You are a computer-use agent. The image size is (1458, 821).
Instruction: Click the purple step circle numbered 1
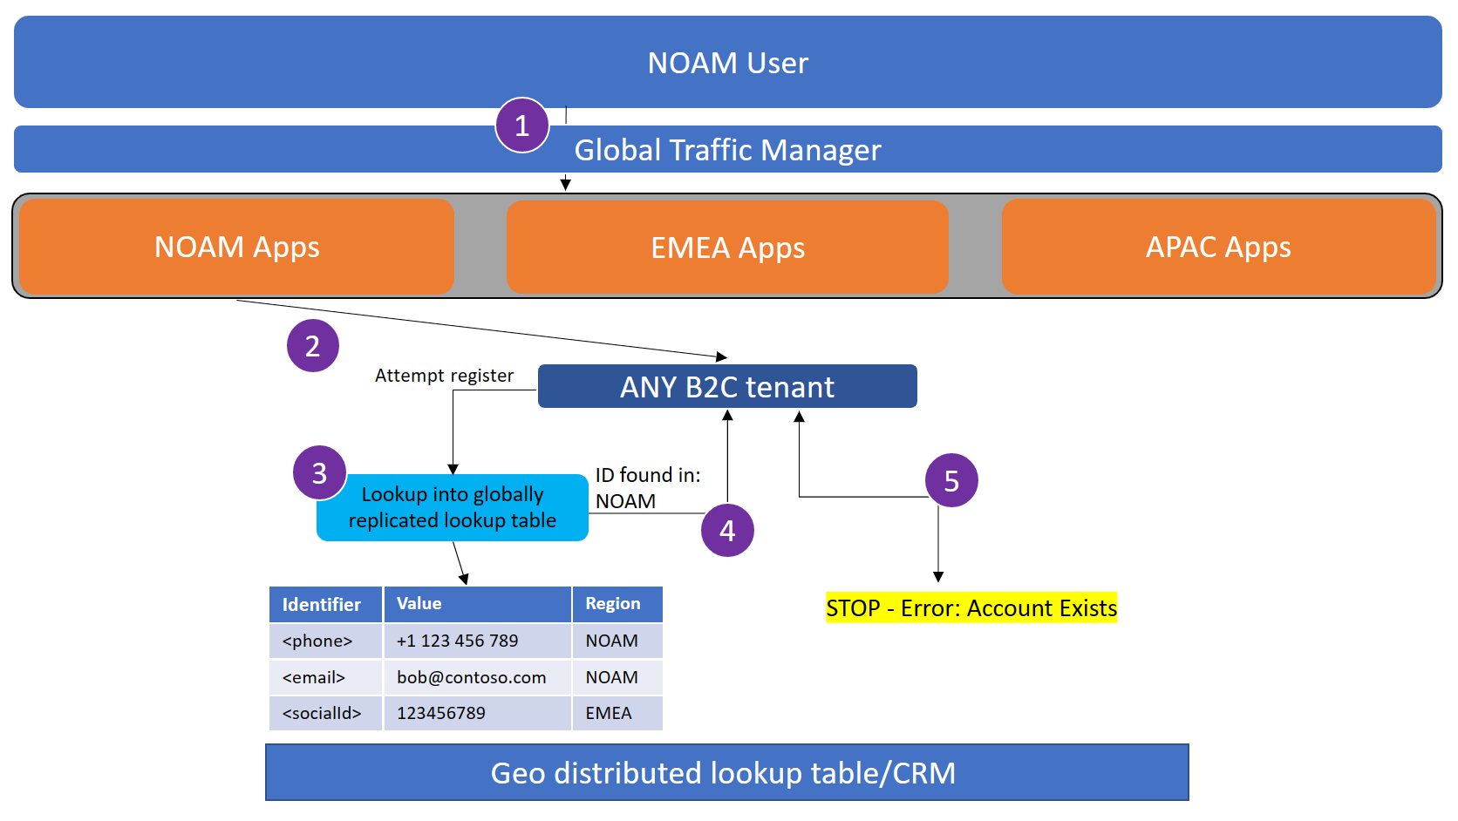point(521,126)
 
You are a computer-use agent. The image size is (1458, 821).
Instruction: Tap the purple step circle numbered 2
point(312,346)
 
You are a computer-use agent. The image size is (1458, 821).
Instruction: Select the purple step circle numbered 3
point(319,472)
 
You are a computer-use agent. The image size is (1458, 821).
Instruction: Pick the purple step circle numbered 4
point(727,530)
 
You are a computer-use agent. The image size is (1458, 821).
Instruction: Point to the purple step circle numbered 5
point(951,480)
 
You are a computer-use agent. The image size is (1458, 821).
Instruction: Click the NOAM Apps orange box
point(236,247)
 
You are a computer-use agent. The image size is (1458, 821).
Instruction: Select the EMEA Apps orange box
point(727,248)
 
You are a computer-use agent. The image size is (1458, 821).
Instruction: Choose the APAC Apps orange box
point(1218,247)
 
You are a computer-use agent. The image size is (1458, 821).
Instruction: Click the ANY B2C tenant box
point(727,386)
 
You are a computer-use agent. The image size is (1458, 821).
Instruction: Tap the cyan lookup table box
point(452,507)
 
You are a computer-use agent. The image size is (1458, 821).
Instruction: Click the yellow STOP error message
point(971,607)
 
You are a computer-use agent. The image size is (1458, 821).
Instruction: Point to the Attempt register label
point(444,376)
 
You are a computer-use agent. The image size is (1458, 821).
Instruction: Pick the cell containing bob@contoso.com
point(472,677)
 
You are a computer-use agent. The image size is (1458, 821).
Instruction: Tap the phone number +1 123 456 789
point(458,641)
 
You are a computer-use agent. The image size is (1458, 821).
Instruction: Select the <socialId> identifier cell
point(323,713)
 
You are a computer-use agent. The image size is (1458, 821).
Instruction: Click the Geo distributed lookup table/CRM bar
point(726,772)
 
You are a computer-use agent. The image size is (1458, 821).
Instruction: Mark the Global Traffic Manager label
point(727,150)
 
